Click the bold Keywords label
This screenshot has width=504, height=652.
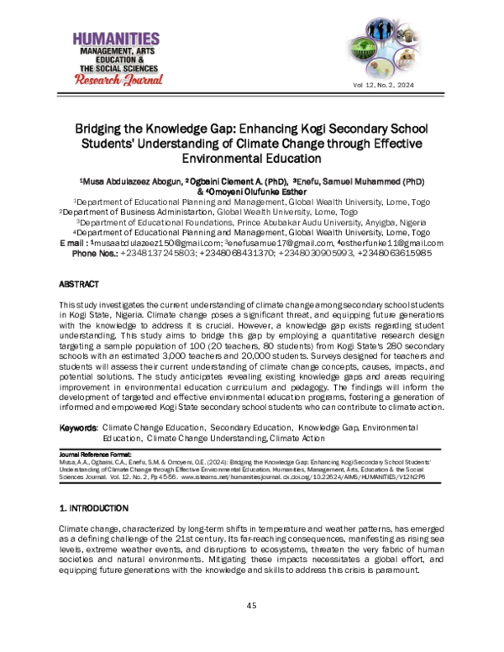click(x=78, y=428)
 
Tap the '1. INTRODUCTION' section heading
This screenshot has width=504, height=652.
click(x=92, y=508)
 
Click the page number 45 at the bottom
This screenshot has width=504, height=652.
click(x=251, y=606)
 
